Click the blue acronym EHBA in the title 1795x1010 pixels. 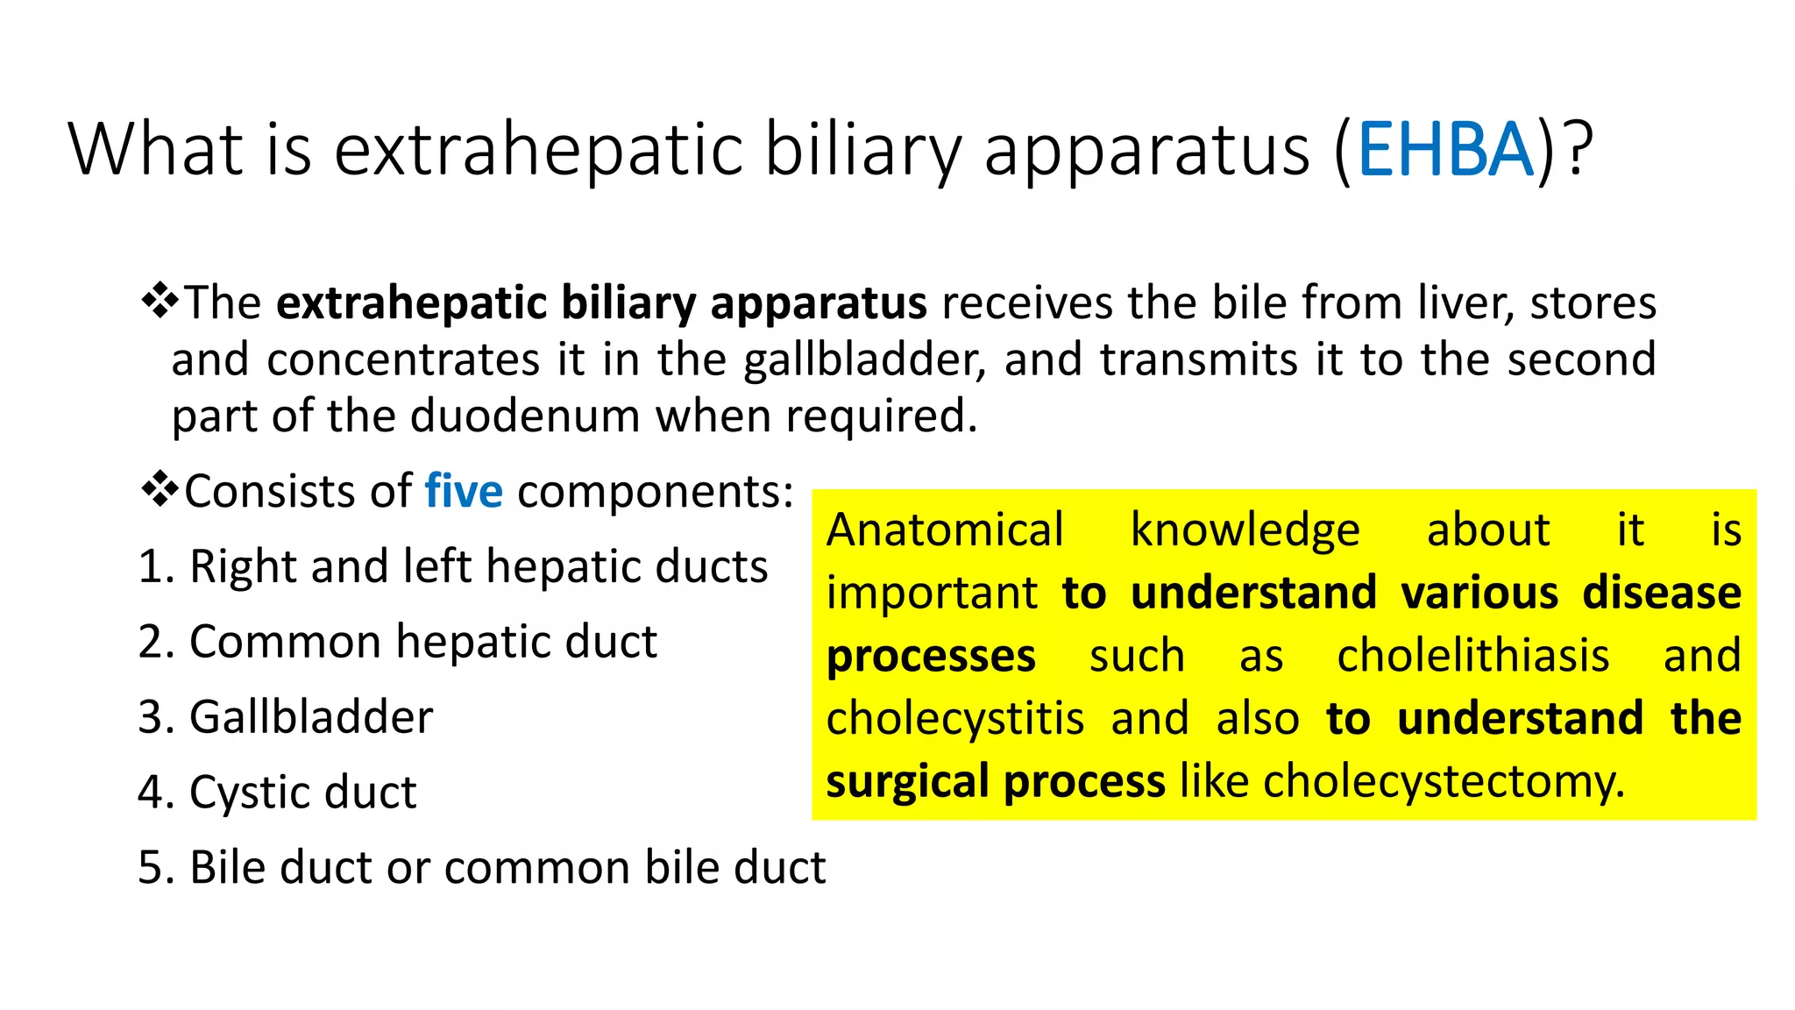pos(1445,150)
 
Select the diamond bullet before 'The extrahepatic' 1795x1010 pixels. pos(160,302)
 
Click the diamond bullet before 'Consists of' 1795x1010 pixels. pos(160,489)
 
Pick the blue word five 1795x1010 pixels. pos(464,491)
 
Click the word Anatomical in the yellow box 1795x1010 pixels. pos(945,530)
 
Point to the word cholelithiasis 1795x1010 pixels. pos(1472,656)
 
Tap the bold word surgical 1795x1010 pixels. pos(907,781)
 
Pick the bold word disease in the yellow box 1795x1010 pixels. pos(1661,593)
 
